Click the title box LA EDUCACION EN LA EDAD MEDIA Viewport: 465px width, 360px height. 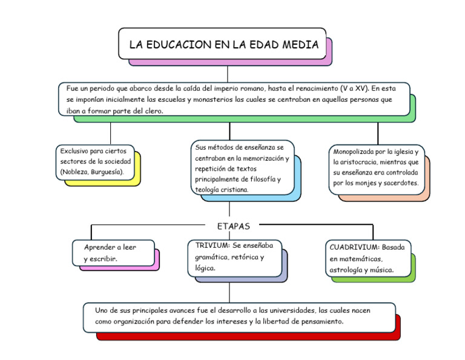click(x=222, y=44)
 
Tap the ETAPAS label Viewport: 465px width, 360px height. click(x=233, y=226)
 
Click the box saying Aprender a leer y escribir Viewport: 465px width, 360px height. click(x=112, y=253)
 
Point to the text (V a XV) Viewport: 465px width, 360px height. click(x=355, y=88)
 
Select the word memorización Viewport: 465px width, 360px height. click(x=262, y=158)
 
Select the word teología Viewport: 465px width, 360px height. click(x=206, y=190)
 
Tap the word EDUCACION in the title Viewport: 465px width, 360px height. click(x=176, y=44)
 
